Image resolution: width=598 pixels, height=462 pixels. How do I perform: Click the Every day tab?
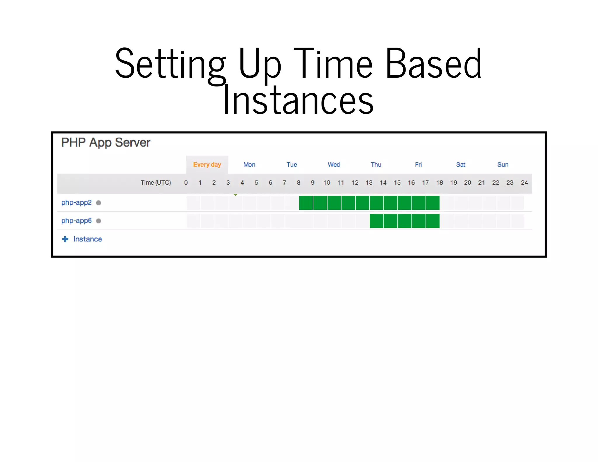pyautogui.click(x=207, y=164)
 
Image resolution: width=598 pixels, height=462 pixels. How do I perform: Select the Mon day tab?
pyautogui.click(x=249, y=164)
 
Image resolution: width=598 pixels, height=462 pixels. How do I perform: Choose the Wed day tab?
pyautogui.click(x=333, y=164)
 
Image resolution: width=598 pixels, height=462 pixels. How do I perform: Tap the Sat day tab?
pyautogui.click(x=460, y=164)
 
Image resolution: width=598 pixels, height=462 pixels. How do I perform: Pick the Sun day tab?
pyautogui.click(x=503, y=164)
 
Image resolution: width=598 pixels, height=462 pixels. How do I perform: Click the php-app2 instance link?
pyautogui.click(x=76, y=202)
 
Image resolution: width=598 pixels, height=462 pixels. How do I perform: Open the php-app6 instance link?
pyautogui.click(x=76, y=220)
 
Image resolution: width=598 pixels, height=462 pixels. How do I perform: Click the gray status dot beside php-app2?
pyautogui.click(x=98, y=203)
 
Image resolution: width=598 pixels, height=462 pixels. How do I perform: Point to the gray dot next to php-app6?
pyautogui.click(x=98, y=221)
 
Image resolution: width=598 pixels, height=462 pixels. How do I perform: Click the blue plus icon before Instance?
pyautogui.click(x=65, y=239)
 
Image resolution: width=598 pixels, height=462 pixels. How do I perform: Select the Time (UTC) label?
pyautogui.click(x=156, y=183)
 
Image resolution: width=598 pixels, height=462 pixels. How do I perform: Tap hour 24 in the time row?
pyautogui.click(x=524, y=183)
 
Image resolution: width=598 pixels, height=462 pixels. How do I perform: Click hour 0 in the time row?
pyautogui.click(x=186, y=183)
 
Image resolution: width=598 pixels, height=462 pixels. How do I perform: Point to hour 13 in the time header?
pyautogui.click(x=369, y=183)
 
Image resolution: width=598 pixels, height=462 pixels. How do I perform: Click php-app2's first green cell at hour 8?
pyautogui.click(x=306, y=203)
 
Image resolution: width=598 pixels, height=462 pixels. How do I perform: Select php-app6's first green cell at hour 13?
pyautogui.click(x=376, y=221)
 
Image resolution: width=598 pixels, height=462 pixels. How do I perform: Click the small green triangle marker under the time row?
pyautogui.click(x=235, y=194)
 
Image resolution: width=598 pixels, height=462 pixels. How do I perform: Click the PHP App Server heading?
pyautogui.click(x=106, y=143)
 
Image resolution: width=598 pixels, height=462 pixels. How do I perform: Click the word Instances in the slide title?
pyautogui.click(x=298, y=100)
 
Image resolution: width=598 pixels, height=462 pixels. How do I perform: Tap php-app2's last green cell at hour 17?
pyautogui.click(x=432, y=203)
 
